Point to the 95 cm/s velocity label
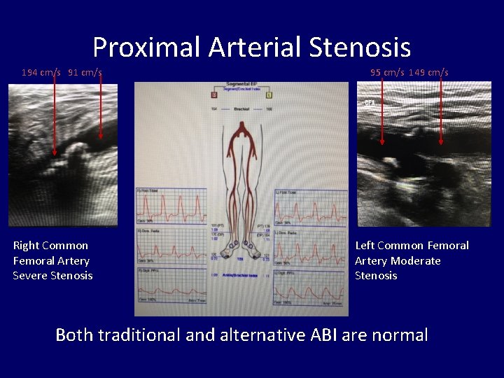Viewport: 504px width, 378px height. (x=385, y=72)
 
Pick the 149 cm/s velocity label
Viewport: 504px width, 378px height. (x=428, y=72)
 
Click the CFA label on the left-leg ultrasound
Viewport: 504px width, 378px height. (x=369, y=103)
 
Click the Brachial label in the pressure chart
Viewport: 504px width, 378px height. (x=241, y=108)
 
